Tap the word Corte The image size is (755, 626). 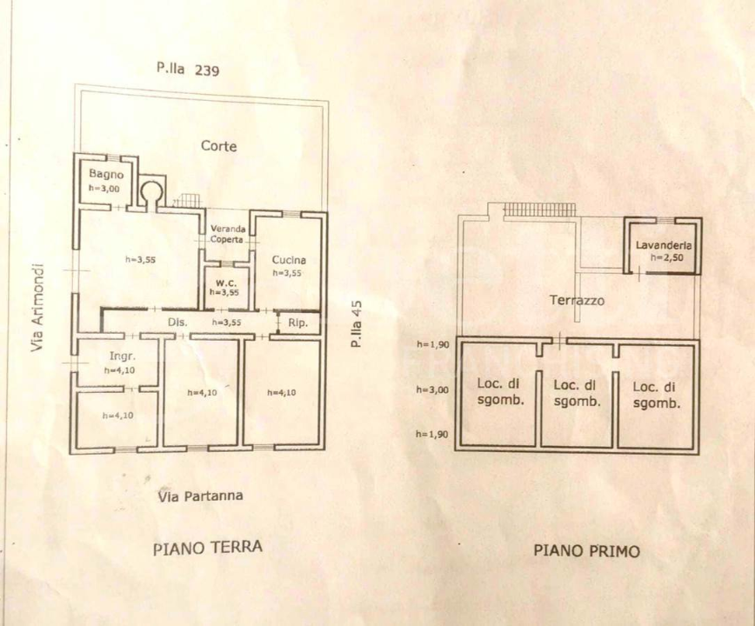click(x=218, y=146)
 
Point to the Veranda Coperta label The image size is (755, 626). click(x=228, y=234)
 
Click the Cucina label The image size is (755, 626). click(x=288, y=259)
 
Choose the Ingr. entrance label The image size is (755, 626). click(x=121, y=356)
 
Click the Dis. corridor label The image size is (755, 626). click(x=178, y=322)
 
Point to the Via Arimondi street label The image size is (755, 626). click(x=37, y=308)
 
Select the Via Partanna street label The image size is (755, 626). click(x=200, y=496)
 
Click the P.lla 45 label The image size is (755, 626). click(x=355, y=324)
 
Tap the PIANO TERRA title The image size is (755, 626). click(x=207, y=548)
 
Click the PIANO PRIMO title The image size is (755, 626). click(x=586, y=550)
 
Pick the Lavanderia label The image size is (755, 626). click(x=663, y=245)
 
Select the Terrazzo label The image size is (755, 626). click(x=577, y=301)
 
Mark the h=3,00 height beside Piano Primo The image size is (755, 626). click(x=432, y=390)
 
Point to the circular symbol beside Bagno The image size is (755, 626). click(x=152, y=189)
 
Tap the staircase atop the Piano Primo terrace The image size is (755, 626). click(x=540, y=209)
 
